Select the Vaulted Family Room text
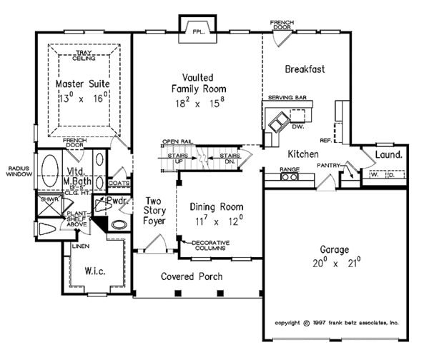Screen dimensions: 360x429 [196, 83]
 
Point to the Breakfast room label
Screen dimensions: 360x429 [305, 69]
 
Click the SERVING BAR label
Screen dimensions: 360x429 [287, 96]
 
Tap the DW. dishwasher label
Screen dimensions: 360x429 [297, 127]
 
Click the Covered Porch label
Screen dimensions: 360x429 [191, 276]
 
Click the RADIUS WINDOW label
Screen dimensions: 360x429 [16, 172]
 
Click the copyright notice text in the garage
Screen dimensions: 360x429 [336, 322]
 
